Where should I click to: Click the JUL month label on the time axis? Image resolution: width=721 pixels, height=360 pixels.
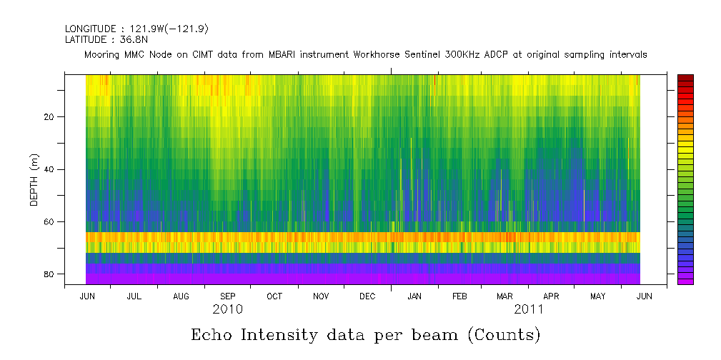click(x=134, y=296)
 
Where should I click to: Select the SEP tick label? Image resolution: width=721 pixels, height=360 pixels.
click(x=227, y=296)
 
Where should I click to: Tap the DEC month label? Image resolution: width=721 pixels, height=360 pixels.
click(x=367, y=296)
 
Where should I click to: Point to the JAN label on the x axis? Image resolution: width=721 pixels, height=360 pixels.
click(x=414, y=296)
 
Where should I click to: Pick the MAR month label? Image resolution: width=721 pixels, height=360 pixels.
click(x=504, y=296)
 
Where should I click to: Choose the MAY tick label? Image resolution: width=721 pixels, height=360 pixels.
click(x=598, y=296)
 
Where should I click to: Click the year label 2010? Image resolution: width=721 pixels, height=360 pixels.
click(x=227, y=310)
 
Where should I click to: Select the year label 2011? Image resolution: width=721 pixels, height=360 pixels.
click(x=529, y=310)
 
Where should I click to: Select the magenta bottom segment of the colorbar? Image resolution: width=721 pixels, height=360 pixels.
click(x=685, y=281)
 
